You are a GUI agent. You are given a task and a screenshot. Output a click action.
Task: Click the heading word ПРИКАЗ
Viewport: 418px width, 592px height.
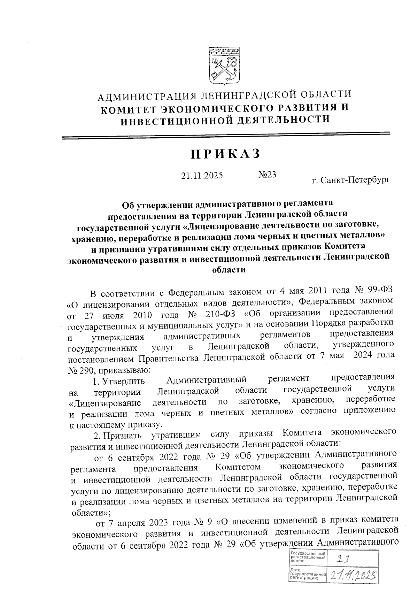[x=225, y=154]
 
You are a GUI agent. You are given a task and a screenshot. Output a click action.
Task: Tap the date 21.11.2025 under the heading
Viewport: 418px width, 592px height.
[x=202, y=175]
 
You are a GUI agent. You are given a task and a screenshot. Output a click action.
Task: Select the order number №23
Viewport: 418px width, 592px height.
[x=267, y=175]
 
